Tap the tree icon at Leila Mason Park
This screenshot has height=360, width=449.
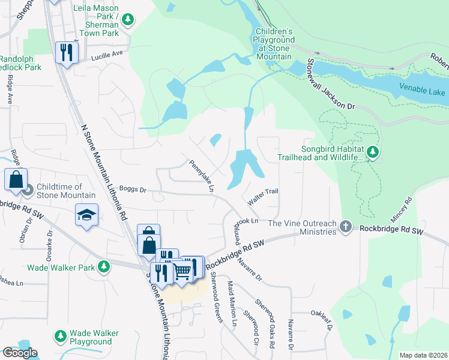coord(127,20)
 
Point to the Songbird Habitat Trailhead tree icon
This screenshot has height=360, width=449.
coord(373,152)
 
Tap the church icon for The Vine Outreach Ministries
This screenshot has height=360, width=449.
coord(345,227)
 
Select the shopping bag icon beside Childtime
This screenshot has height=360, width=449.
coord(16,178)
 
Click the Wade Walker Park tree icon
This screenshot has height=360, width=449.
coord(104,266)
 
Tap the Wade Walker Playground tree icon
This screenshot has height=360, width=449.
coord(60,337)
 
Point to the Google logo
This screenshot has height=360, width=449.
coord(20,353)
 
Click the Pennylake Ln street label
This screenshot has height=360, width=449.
coord(202,176)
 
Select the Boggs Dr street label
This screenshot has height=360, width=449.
coord(132,190)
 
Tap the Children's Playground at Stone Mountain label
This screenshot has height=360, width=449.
coord(274,44)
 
